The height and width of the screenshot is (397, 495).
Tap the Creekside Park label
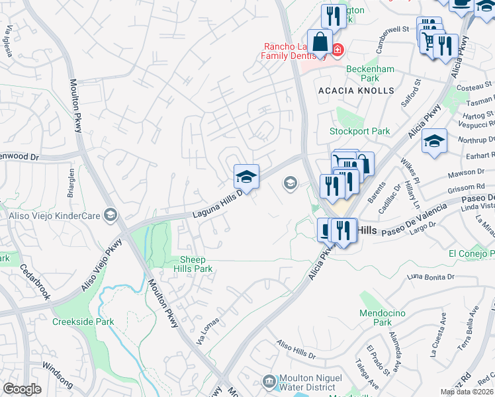click(83, 322)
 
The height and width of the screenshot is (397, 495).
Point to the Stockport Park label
click(360, 131)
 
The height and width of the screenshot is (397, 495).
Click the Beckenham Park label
click(371, 73)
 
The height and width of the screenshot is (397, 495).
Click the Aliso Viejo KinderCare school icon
click(111, 215)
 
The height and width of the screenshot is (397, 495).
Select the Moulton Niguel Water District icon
click(269, 381)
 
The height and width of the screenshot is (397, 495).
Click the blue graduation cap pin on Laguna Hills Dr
click(246, 177)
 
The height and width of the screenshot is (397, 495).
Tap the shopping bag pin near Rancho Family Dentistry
click(320, 42)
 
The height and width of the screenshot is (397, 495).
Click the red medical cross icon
click(337, 50)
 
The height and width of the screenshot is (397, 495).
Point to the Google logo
click(22, 389)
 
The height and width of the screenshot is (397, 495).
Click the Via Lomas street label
click(208, 331)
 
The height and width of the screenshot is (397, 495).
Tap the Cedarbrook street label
click(35, 281)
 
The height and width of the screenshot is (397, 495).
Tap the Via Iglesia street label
click(9, 41)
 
